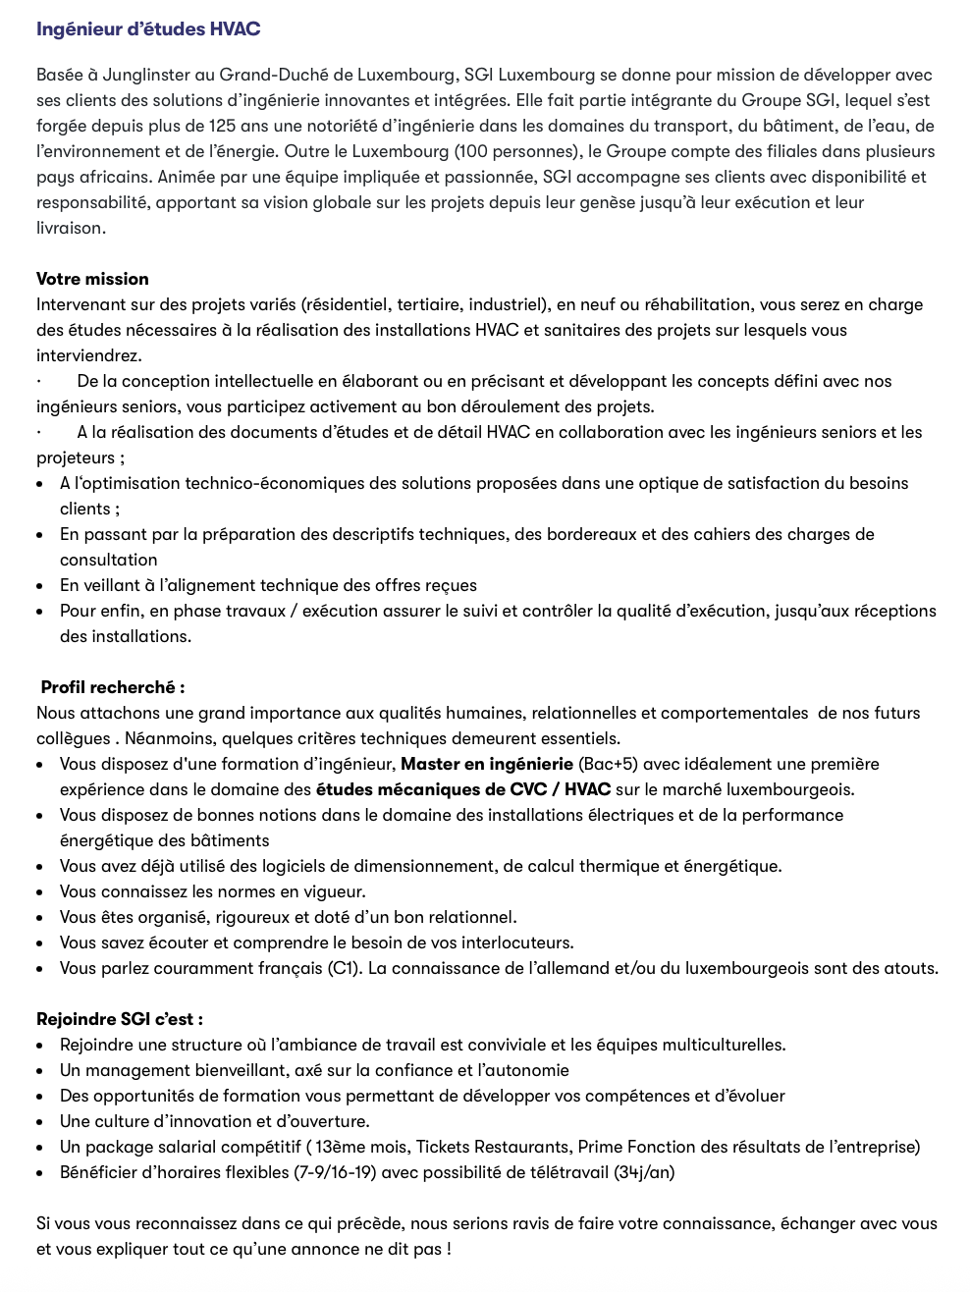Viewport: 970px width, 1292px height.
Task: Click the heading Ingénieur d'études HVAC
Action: point(148,29)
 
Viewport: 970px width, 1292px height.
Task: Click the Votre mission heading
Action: point(92,279)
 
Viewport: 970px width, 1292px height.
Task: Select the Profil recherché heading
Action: point(112,687)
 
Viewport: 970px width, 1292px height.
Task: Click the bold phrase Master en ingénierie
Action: point(487,764)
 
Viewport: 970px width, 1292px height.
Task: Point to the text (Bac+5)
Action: point(607,764)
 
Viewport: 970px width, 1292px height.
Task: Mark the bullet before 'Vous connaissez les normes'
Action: point(39,892)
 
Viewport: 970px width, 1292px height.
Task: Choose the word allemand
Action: point(572,968)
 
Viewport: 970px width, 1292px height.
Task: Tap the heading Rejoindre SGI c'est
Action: point(119,1019)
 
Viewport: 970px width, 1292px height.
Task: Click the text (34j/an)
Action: point(644,1172)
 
